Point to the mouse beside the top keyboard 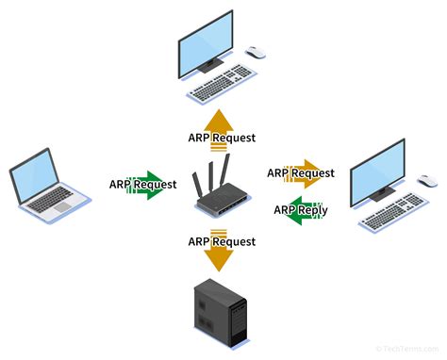(256, 53)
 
